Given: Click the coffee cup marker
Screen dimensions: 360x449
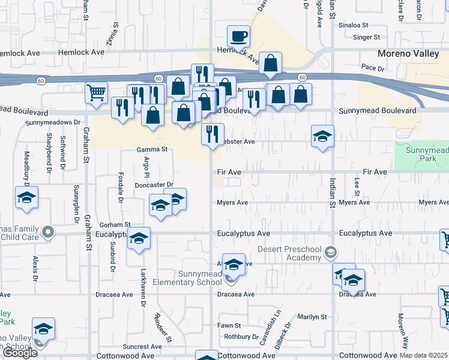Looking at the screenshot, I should pyautogui.click(x=238, y=37).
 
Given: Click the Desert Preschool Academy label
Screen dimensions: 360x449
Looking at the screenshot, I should pyautogui.click(x=290, y=253).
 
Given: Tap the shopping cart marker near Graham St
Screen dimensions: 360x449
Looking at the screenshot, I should pyautogui.click(x=96, y=93).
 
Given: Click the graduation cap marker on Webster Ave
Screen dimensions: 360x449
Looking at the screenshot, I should pyautogui.click(x=322, y=136).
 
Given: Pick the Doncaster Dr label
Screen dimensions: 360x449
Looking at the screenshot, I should pyautogui.click(x=154, y=185).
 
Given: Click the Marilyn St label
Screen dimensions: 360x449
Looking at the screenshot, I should pyautogui.click(x=312, y=317).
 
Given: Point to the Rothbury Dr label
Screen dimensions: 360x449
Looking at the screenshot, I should pyautogui.click(x=241, y=337).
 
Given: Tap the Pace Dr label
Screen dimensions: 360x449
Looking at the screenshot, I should pyautogui.click(x=367, y=68).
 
